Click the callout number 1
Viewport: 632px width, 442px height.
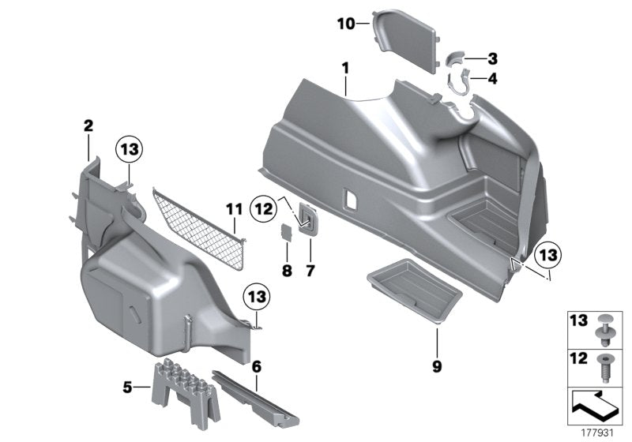pyautogui.click(x=345, y=69)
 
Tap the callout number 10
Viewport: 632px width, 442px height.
pyautogui.click(x=347, y=24)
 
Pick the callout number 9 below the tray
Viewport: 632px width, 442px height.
pyautogui.click(x=436, y=366)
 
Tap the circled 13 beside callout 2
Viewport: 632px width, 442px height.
pyautogui.click(x=130, y=149)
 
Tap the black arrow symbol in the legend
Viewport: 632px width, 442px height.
pyautogui.click(x=596, y=406)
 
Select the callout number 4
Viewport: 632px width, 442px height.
pyautogui.click(x=492, y=78)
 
